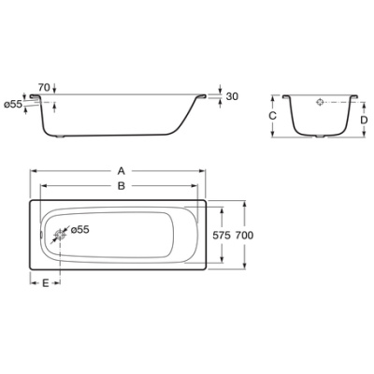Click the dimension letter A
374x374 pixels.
tap(121, 171)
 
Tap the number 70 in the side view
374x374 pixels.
tap(43, 88)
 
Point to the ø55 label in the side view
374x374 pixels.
tap(13, 104)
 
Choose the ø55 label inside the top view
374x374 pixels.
tap(79, 229)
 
